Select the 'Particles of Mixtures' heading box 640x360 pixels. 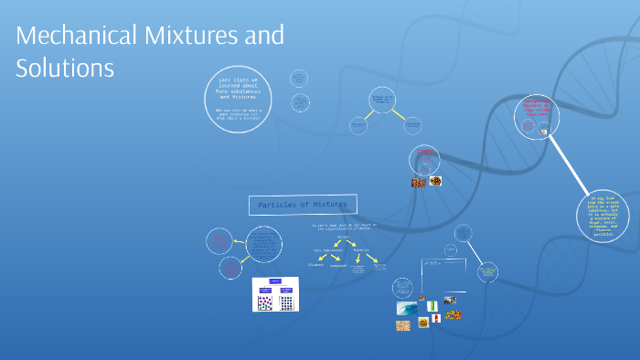304,205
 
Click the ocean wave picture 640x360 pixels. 407,309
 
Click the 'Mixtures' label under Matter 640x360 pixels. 363,249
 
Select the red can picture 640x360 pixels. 437,318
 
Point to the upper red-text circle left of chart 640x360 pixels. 219,241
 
